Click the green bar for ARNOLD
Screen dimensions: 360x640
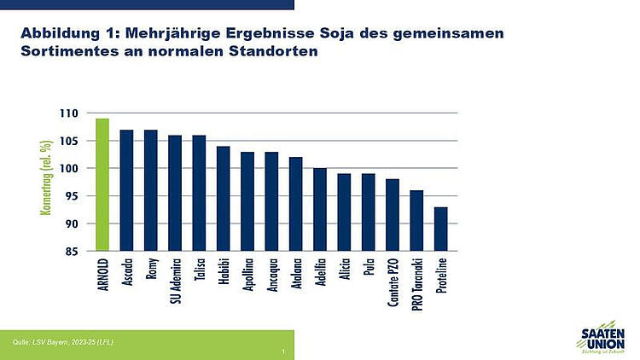click(102, 185)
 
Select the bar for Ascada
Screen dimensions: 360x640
click(126, 190)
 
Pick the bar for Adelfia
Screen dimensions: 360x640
click(320, 210)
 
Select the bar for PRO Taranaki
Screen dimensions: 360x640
click(416, 221)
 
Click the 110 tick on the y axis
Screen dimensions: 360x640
click(70, 113)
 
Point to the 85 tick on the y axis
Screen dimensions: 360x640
click(73, 252)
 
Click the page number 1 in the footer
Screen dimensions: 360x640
click(282, 351)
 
